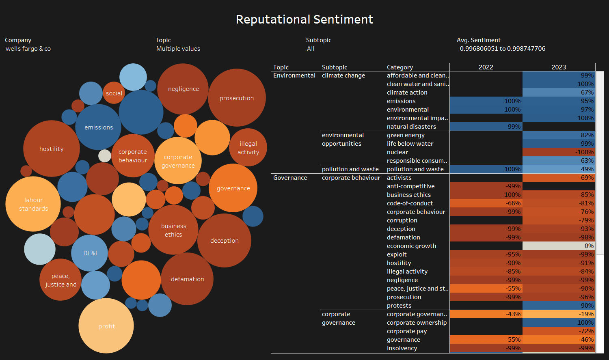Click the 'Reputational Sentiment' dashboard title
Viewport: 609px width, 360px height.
[304, 19]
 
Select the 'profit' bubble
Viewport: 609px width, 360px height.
[106, 326]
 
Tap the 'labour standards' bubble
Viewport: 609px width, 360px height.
[33, 204]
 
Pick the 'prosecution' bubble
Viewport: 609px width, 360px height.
[237, 98]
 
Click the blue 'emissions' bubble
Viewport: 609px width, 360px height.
[99, 127]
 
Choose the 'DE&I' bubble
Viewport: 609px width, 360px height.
[90, 253]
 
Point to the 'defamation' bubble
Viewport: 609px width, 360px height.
[187, 279]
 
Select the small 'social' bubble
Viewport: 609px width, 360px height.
[114, 93]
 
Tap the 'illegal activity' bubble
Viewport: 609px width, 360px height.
[248, 147]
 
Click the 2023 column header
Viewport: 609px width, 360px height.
[559, 67]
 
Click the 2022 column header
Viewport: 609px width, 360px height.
[486, 67]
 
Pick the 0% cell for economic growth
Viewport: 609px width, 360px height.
[559, 246]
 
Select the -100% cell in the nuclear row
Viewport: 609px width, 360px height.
[559, 152]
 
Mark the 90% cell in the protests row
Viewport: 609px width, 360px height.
[559, 305]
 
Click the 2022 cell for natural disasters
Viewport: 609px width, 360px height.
[486, 126]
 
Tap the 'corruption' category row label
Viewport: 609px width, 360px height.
[402, 220]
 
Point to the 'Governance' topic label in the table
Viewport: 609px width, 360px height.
[290, 177]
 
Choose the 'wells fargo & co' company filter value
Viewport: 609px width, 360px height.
[28, 49]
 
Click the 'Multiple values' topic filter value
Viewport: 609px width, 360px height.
[178, 49]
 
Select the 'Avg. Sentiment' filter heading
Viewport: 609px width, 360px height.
[479, 40]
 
